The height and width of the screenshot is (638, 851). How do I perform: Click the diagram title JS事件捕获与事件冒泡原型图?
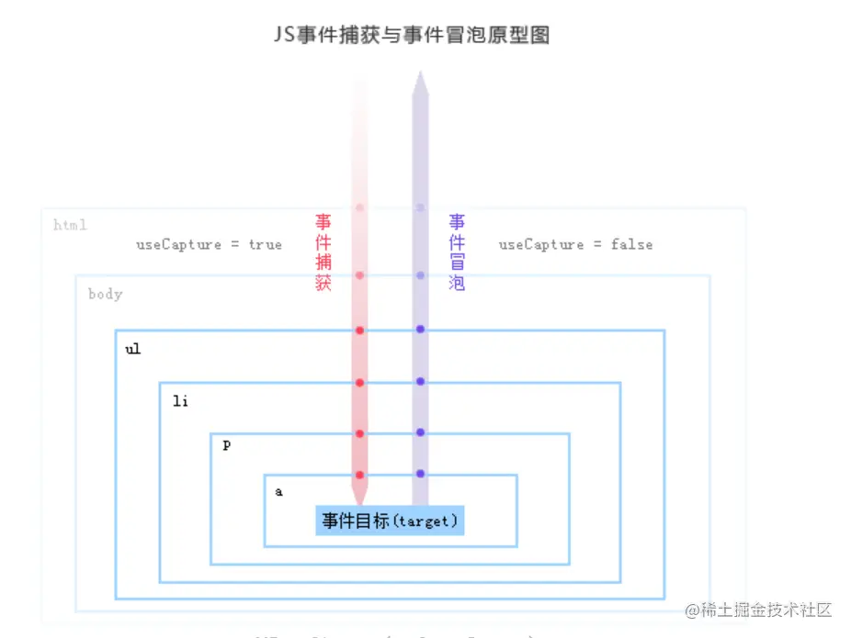pos(412,36)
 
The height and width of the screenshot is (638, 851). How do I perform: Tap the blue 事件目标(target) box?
pos(390,520)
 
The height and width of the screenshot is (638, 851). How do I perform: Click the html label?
pos(70,225)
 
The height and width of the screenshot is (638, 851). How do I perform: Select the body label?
pos(105,295)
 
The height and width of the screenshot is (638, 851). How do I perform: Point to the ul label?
pos(133,350)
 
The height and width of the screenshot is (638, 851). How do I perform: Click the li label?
pos(180,401)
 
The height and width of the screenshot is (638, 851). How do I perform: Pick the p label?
pos(227,445)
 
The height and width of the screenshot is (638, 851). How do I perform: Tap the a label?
pos(279,492)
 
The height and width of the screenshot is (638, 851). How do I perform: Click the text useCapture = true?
pos(209,244)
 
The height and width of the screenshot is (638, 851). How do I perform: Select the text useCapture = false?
pos(575,244)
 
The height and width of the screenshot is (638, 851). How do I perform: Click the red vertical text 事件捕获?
pos(323,252)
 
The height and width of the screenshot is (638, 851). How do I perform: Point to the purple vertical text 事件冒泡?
pos(457,252)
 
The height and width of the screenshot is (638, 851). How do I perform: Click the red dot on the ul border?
pos(360,330)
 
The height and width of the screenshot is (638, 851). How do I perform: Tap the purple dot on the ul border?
pos(420,330)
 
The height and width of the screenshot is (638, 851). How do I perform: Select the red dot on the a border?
pos(360,475)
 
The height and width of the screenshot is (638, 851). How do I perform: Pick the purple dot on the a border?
pos(420,474)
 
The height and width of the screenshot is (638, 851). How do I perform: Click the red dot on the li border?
pos(360,382)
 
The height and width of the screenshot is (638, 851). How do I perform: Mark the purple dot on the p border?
pos(420,432)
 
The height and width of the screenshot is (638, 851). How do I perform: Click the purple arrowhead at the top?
pos(420,83)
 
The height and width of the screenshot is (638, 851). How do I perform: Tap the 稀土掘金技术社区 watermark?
pos(759,610)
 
